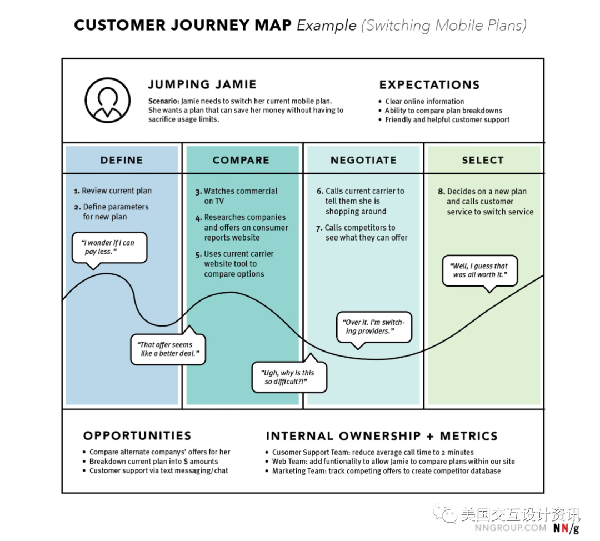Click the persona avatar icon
click(x=108, y=100)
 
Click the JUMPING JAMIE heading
click(x=202, y=84)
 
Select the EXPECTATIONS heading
click(x=429, y=85)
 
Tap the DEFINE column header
click(x=122, y=160)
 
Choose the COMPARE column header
click(x=241, y=160)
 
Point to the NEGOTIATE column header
click(x=363, y=160)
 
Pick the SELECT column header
click(x=482, y=160)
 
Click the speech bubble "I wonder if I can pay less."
click(x=109, y=247)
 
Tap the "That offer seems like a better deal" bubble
click(x=168, y=349)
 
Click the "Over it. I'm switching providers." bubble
click(x=374, y=327)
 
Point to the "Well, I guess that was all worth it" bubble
click(x=479, y=270)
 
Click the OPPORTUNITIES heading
click(x=137, y=436)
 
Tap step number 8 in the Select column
click(x=441, y=192)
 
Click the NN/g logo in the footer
click(x=565, y=528)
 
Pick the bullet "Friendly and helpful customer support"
click(x=447, y=119)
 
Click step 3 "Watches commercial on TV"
click(x=240, y=196)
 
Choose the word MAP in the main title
click(x=272, y=25)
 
